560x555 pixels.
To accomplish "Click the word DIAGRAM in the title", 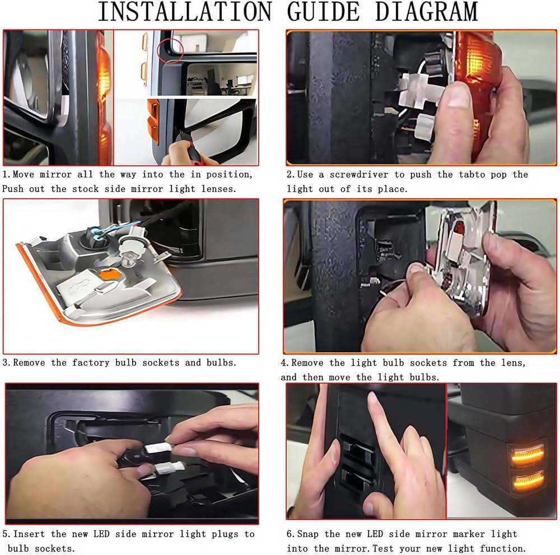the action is (x=426, y=12).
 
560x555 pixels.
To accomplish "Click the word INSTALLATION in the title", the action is (x=185, y=12).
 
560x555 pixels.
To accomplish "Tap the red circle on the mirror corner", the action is (x=171, y=51).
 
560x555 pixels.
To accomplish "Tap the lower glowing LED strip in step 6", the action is (x=528, y=482).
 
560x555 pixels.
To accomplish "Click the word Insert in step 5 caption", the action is (x=29, y=534).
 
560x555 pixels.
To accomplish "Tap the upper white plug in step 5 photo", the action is (x=157, y=448).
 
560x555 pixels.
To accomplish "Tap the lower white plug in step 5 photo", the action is (x=169, y=466).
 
